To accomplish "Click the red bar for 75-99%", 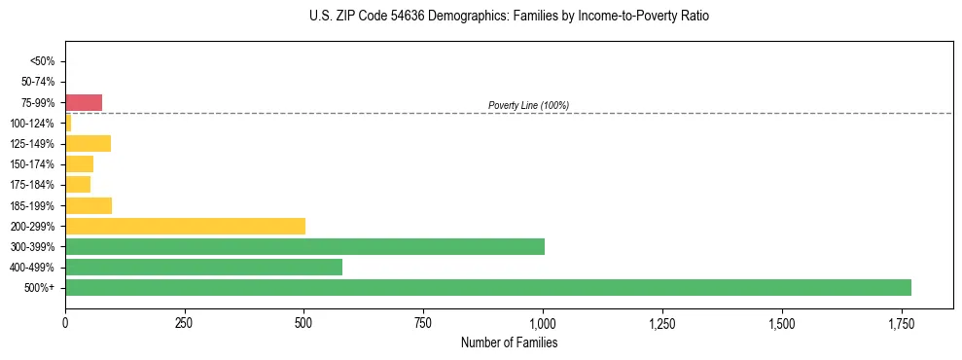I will pyautogui.click(x=84, y=103).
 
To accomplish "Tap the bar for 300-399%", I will pyautogui.click(x=304, y=247).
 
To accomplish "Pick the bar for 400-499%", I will pyautogui.click(x=203, y=268).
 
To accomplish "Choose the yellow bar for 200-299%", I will pyautogui.click(x=185, y=227).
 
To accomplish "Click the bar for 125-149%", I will pyautogui.click(x=88, y=144).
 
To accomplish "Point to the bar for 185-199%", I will pyautogui.click(x=89, y=206).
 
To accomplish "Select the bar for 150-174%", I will pyautogui.click(x=79, y=164).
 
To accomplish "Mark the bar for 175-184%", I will pyautogui.click(x=78, y=185).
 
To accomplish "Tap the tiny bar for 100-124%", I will pyautogui.click(x=68, y=124).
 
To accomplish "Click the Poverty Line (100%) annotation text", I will pyautogui.click(x=528, y=105).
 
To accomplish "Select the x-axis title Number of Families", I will pyautogui.click(x=509, y=343).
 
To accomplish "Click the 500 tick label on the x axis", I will pyautogui.click(x=303, y=323).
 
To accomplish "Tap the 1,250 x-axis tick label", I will pyautogui.click(x=661, y=323).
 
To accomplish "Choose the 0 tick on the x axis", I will pyautogui.click(x=65, y=323).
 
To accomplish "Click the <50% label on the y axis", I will pyautogui.click(x=43, y=61).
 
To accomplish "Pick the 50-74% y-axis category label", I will pyautogui.click(x=39, y=82).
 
